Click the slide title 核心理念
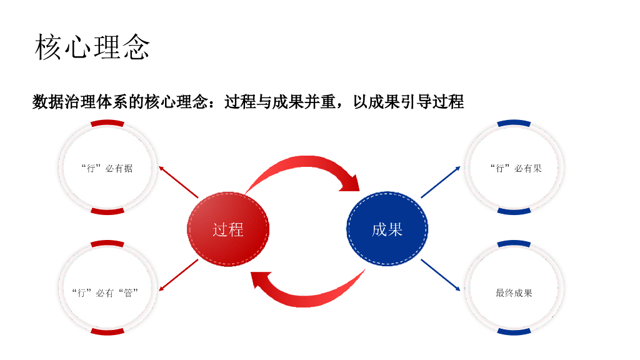(92, 47)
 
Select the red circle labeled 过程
(228, 229)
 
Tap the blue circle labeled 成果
(387, 229)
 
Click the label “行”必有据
(107, 168)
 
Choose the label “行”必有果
(516, 168)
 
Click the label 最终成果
(514, 292)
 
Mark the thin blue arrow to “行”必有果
(441, 182)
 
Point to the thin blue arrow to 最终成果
(441, 275)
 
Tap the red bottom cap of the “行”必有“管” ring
(107, 331)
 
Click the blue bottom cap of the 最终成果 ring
(514, 331)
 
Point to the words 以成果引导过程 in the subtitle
(408, 101)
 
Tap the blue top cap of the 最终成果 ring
(514, 244)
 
